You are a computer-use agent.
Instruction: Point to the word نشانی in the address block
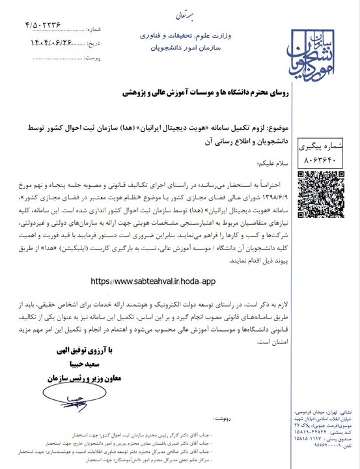(x=346, y=412)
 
